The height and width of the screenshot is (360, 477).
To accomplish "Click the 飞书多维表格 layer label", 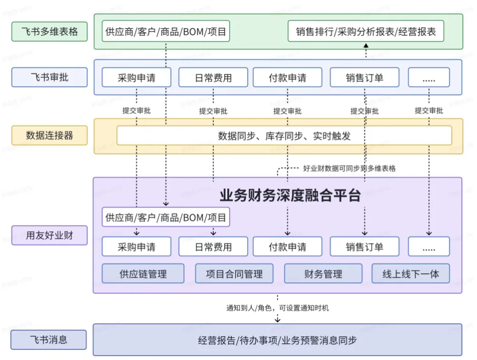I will coord(49,32).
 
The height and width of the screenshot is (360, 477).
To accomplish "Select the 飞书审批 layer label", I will coord(49,77).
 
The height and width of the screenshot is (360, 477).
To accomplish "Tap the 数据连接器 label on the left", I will coord(49,135).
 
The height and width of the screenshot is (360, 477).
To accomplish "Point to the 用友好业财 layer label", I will coord(49,235).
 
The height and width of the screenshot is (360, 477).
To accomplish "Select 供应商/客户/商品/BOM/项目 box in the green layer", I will coord(166,32).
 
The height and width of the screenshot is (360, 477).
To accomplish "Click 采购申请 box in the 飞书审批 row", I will coord(136,78).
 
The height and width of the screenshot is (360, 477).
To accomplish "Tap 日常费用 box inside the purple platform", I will coord(213,246).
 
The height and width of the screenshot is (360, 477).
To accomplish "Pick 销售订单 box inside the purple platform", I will coord(364,246).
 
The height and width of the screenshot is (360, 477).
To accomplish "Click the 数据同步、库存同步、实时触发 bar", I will coord(284,136).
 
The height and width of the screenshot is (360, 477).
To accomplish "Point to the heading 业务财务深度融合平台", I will coord(290,195).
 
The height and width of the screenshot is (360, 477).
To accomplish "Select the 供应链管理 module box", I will coord(143,274).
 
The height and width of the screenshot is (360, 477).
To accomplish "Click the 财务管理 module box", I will coord(323,274).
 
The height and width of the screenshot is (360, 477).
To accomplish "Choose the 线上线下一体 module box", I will coord(410,274).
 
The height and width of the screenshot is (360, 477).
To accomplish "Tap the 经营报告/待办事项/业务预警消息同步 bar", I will coord(277,340).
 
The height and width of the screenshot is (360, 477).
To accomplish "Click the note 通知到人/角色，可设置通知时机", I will coord(277,307).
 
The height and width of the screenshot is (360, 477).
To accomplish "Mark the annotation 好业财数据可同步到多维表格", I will coord(349,169).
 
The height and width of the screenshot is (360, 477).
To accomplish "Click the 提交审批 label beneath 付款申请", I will coord(287,111).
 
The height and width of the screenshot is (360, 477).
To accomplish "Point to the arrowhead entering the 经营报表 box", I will coord(366,46).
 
